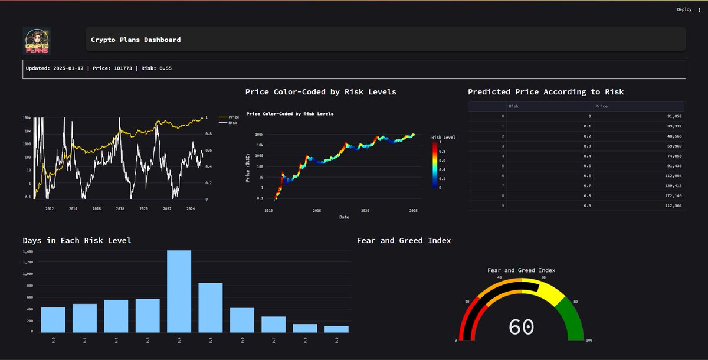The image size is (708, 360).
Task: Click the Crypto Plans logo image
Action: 37,41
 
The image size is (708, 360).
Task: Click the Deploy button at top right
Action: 684,9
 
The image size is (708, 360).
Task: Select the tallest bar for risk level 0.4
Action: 179,291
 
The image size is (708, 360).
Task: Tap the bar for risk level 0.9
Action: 336,329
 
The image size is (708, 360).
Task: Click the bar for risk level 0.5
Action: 211,307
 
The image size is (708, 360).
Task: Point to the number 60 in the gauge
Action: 521,327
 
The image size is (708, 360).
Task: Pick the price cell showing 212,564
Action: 639,205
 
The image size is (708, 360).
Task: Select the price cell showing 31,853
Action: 639,116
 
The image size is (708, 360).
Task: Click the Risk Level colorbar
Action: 435,165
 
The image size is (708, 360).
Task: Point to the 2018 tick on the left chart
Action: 120,209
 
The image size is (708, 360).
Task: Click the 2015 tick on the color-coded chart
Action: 317,211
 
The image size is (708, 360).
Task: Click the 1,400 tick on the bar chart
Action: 28,251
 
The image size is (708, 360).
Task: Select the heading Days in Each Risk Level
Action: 77,241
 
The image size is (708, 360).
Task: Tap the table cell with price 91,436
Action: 639,166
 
